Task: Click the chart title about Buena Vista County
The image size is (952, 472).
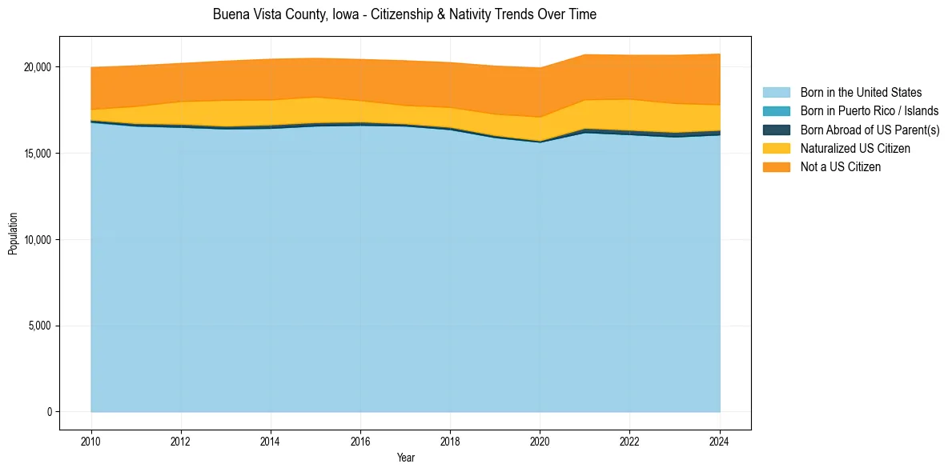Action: coord(404,14)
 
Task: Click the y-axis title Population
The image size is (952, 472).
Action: coord(13,233)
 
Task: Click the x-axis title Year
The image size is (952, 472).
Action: coord(405,458)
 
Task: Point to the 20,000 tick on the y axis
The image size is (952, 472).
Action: coord(38,67)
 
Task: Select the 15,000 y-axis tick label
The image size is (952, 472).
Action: coord(38,154)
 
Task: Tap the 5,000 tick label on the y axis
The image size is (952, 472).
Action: coord(40,326)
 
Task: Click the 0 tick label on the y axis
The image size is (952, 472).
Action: coord(48,412)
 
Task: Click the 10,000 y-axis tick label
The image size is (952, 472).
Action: coord(38,240)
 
